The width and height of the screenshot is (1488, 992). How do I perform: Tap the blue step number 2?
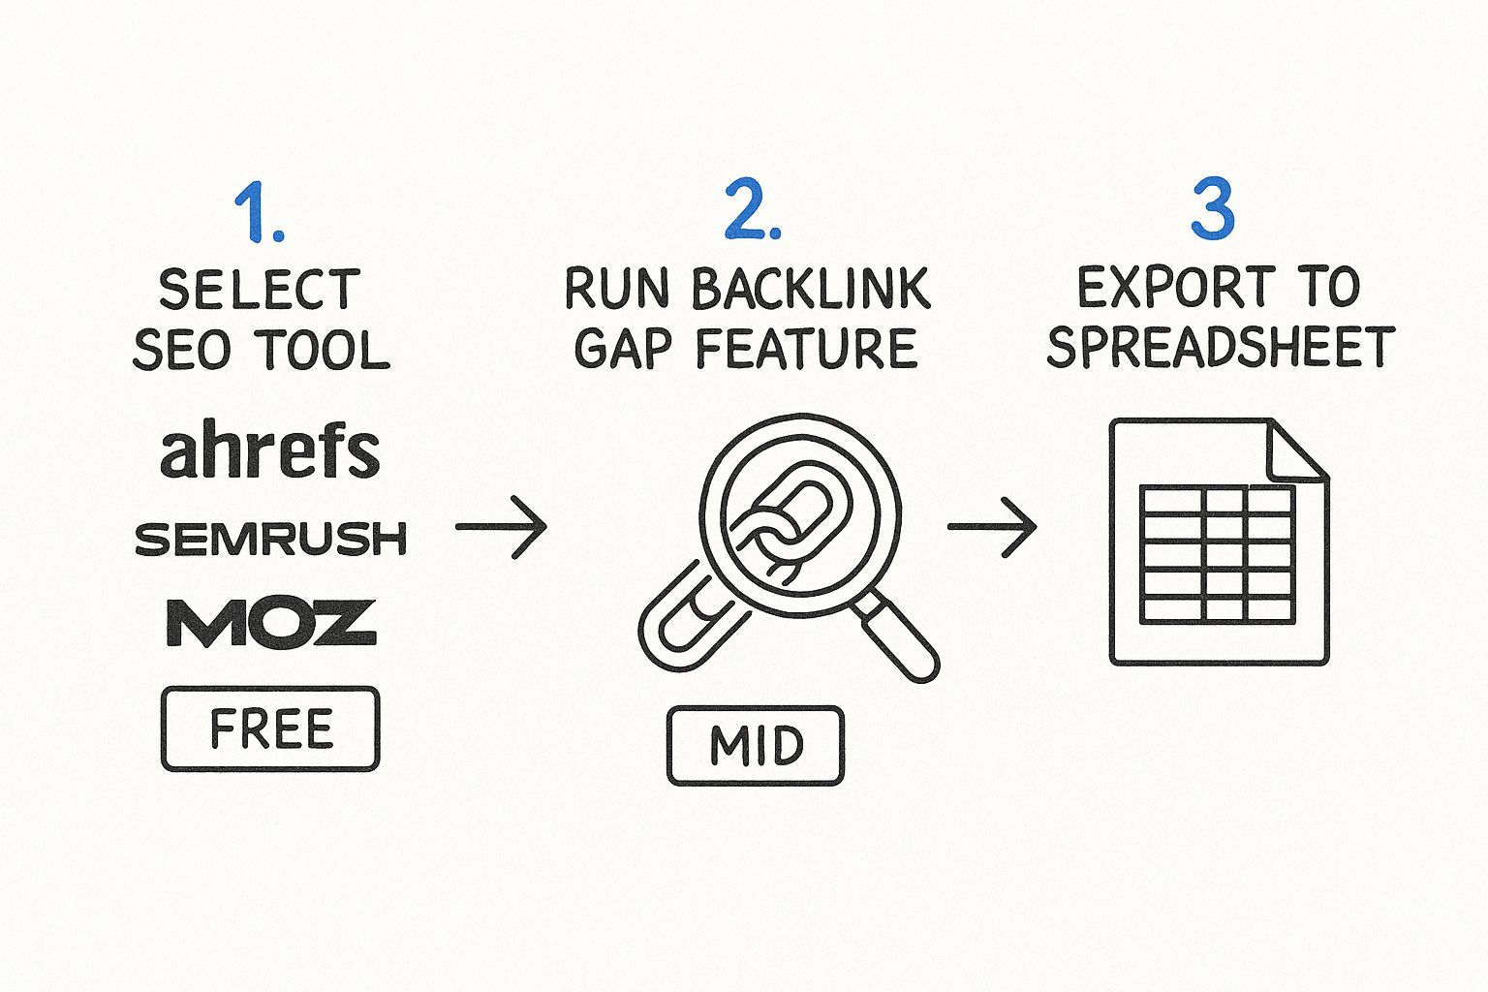(x=751, y=210)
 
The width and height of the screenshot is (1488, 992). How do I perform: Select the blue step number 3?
(x=1212, y=209)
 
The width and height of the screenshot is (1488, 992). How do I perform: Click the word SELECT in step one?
(x=260, y=290)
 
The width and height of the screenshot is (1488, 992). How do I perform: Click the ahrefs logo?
(x=269, y=450)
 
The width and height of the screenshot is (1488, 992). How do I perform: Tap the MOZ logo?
(x=270, y=622)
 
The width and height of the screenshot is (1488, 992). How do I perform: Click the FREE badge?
(x=270, y=729)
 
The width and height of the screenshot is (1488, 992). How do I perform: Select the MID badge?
(x=756, y=745)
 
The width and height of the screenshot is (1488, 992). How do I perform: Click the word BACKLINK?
(x=811, y=290)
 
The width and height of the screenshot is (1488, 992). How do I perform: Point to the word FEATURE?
(x=805, y=350)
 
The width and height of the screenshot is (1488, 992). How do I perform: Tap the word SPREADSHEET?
(x=1221, y=348)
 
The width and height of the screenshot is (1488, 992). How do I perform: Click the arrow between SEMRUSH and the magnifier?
(x=501, y=527)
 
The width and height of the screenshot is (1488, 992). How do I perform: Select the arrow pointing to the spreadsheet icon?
(x=992, y=527)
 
